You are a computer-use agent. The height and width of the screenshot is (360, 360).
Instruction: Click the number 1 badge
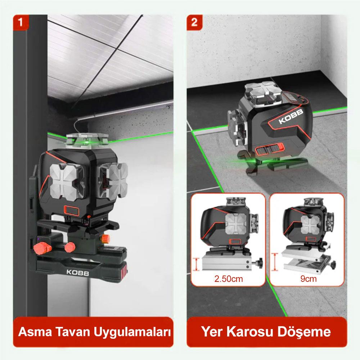[x=21, y=22]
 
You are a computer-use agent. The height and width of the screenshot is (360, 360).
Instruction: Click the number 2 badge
[x=194, y=22]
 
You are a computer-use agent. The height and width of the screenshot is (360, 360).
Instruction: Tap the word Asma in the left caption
[x=35, y=332]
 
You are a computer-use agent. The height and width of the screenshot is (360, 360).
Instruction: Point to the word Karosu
[x=251, y=332]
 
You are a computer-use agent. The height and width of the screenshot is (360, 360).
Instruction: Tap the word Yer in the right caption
[x=212, y=332]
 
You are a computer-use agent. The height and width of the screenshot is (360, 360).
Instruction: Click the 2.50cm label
[x=229, y=279]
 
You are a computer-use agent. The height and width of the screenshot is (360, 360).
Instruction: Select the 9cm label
[x=309, y=279]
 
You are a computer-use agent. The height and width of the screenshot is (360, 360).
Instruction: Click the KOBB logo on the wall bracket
[x=78, y=273]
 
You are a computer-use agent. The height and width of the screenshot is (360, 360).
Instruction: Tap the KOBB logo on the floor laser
[x=291, y=116]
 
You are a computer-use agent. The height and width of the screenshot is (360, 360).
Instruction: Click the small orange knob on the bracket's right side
[x=105, y=239]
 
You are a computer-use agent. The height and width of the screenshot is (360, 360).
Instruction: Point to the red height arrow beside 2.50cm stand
[x=196, y=264]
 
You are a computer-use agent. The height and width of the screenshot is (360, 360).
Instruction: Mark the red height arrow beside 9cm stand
[x=275, y=262]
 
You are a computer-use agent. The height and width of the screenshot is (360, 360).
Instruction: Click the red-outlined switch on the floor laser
[x=270, y=149]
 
